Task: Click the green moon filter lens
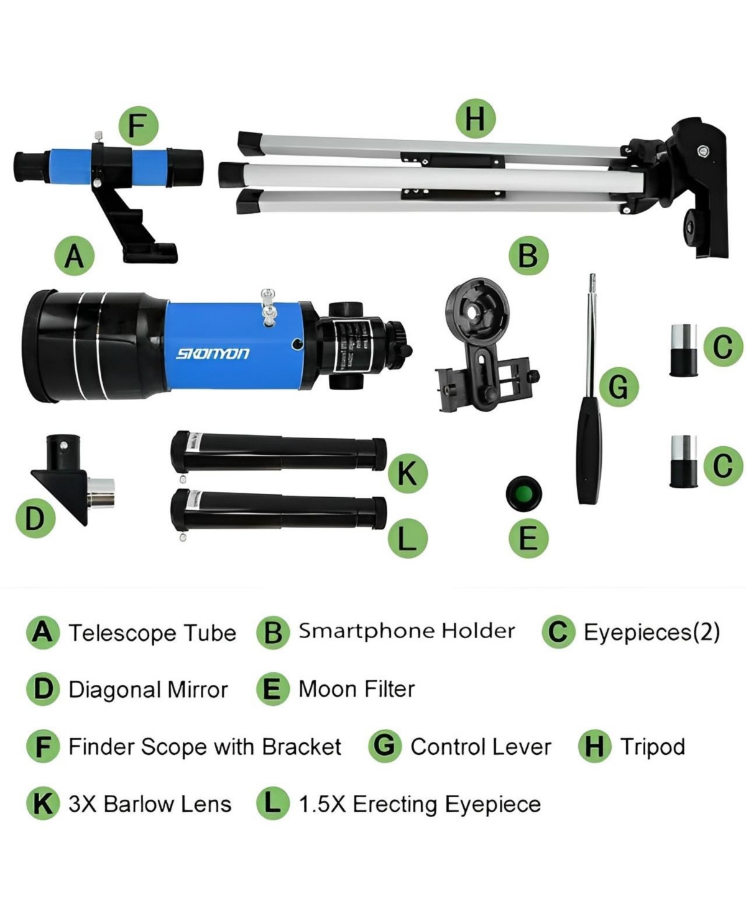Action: coord(524,494)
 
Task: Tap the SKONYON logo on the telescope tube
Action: coord(213,354)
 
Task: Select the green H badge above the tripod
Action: coord(476,118)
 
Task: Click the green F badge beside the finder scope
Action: coord(138,126)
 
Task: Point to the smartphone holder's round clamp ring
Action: coord(477,310)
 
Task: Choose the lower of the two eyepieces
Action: coord(683,461)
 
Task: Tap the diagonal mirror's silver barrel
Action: coord(101,492)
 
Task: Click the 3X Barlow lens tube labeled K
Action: coord(278,452)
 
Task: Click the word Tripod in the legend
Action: coord(652,746)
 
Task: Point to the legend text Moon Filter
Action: coord(356,689)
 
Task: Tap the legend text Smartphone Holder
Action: coord(407,631)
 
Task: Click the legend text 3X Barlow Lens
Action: coord(149,803)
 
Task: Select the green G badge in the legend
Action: coord(385,746)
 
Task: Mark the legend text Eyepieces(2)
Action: coord(652,632)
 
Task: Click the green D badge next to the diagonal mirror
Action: coord(35,518)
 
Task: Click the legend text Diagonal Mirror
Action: coord(148,689)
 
